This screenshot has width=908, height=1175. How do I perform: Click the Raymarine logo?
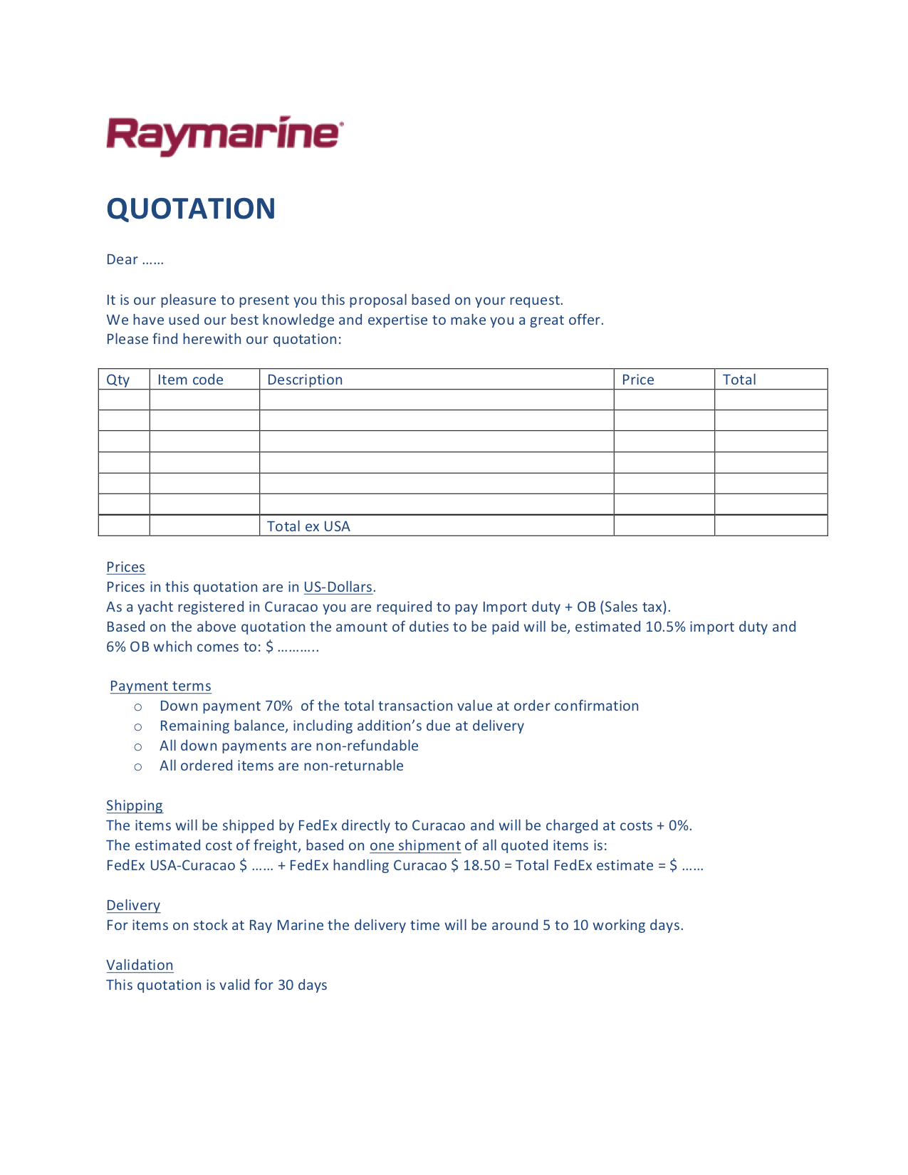click(225, 135)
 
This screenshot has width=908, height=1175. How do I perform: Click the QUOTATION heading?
click(191, 209)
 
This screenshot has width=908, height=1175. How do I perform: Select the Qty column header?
click(118, 380)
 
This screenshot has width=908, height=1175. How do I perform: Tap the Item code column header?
click(190, 380)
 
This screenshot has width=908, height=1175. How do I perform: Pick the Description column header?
click(305, 380)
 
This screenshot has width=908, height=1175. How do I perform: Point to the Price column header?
click(637, 380)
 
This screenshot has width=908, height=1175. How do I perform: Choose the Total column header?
click(739, 380)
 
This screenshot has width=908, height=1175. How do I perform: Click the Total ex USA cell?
click(308, 526)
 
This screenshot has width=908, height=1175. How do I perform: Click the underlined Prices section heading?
click(125, 567)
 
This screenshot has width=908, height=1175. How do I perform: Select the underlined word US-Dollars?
click(338, 587)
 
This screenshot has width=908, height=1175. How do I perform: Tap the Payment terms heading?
click(160, 686)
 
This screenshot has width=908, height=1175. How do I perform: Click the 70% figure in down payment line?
click(278, 706)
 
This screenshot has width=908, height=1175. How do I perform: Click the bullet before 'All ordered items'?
click(138, 766)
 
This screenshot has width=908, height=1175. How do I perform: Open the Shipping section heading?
click(135, 805)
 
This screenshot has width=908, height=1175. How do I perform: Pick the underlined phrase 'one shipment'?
click(414, 845)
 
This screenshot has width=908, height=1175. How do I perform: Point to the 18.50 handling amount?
click(481, 865)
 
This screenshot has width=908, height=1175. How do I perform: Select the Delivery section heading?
click(133, 905)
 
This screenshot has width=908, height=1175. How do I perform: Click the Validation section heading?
click(140, 965)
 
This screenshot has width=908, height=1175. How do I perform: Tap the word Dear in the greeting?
click(122, 259)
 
